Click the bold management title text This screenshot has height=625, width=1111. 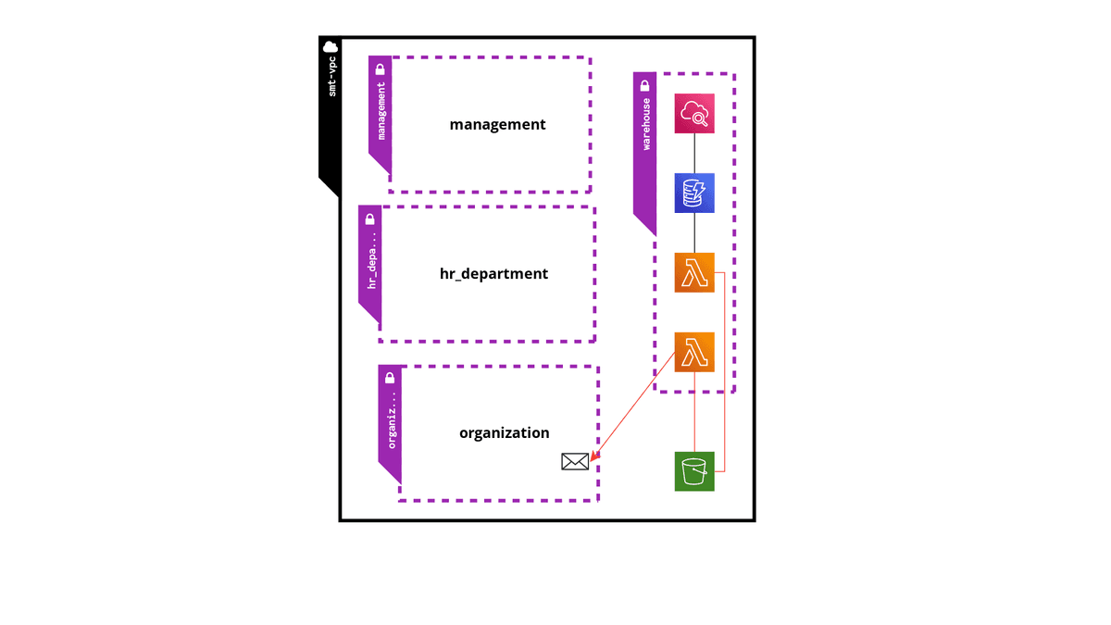pos(497,124)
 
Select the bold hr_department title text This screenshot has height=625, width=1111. pos(493,273)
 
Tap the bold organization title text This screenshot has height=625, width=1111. pos(504,432)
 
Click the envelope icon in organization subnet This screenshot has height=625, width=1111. pos(575,461)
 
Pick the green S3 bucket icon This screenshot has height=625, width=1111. pos(694,471)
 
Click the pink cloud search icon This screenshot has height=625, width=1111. pos(694,114)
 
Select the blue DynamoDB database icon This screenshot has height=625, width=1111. pos(694,194)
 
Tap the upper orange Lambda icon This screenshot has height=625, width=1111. pos(694,272)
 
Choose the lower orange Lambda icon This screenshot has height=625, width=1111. pos(694,352)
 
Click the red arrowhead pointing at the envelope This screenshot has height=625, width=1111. pos(593,455)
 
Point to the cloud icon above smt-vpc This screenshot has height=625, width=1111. pos(330,47)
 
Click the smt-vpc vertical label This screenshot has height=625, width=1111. pos(331,79)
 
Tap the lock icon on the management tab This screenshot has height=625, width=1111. pos(380,69)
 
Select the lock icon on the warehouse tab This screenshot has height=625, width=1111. pos(644,85)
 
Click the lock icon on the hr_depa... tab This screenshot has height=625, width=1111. pos(369,219)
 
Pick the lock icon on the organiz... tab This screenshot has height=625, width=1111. pos(390,378)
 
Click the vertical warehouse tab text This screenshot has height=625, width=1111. pos(645,124)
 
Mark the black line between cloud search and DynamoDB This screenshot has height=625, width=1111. pos(694,154)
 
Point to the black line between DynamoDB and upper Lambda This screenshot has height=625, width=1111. pos(694,232)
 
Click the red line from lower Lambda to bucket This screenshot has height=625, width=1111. pos(694,412)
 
